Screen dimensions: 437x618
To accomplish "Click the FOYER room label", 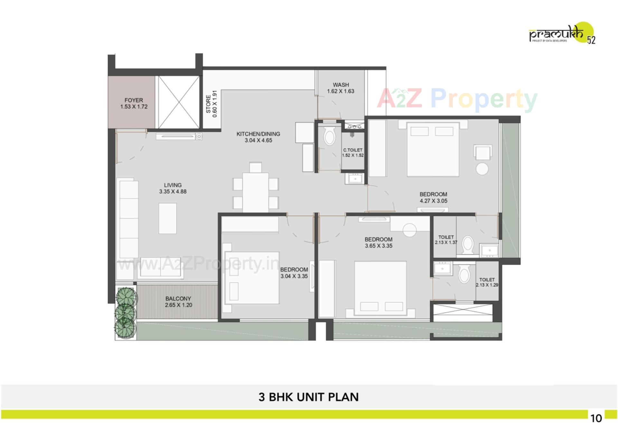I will pyautogui.click(x=134, y=100).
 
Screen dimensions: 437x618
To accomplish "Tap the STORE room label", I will pyautogui.click(x=208, y=104).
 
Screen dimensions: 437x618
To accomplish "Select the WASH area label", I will pyautogui.click(x=341, y=85).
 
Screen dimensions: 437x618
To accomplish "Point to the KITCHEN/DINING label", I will pyautogui.click(x=258, y=134).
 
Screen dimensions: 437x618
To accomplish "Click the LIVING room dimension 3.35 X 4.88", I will pyautogui.click(x=173, y=192).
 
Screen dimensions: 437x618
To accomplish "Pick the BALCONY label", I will pyautogui.click(x=178, y=299).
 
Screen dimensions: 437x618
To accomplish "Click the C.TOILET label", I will pyautogui.click(x=353, y=150).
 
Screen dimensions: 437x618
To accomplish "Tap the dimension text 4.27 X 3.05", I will pyautogui.click(x=433, y=201).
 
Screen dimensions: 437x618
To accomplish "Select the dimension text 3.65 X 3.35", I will pyautogui.click(x=379, y=246).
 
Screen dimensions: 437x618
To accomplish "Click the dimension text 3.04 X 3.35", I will pyautogui.click(x=294, y=276).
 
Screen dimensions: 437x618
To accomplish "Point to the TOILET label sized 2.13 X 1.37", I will pyautogui.click(x=446, y=237).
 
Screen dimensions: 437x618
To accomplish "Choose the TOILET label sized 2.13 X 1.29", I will pyautogui.click(x=487, y=280).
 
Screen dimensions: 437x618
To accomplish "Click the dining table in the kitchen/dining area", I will pyautogui.click(x=256, y=192).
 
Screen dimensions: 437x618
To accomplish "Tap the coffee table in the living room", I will pyautogui.click(x=167, y=218).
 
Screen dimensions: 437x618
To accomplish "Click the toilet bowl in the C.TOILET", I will pyautogui.click(x=329, y=136).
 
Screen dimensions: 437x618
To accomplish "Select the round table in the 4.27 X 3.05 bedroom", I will pyautogui.click(x=482, y=169).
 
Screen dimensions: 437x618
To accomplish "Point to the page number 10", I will pyautogui.click(x=596, y=418).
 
